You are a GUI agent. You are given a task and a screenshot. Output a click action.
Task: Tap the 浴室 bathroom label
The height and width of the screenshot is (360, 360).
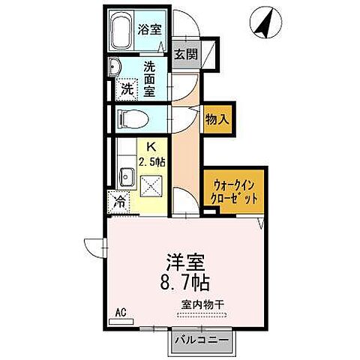(150, 30)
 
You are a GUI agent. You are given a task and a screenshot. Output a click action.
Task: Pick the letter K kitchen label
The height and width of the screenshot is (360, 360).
(150, 146)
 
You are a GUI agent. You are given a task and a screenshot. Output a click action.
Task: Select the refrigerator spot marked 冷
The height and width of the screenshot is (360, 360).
(118, 200)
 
